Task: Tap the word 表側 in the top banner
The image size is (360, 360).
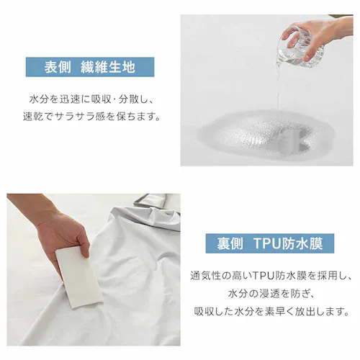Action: (59, 67)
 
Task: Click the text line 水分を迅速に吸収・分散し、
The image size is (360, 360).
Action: (92, 97)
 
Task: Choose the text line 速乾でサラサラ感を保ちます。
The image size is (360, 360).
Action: (92, 115)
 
